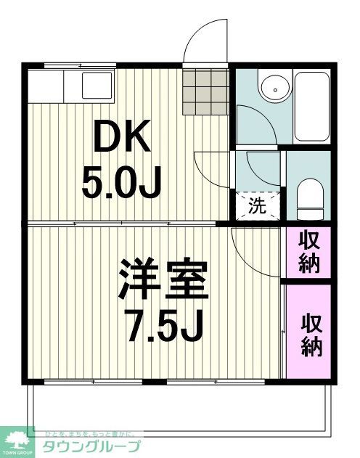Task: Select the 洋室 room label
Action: [164, 280]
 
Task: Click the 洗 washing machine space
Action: [257, 205]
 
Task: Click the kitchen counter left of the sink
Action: [46, 87]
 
